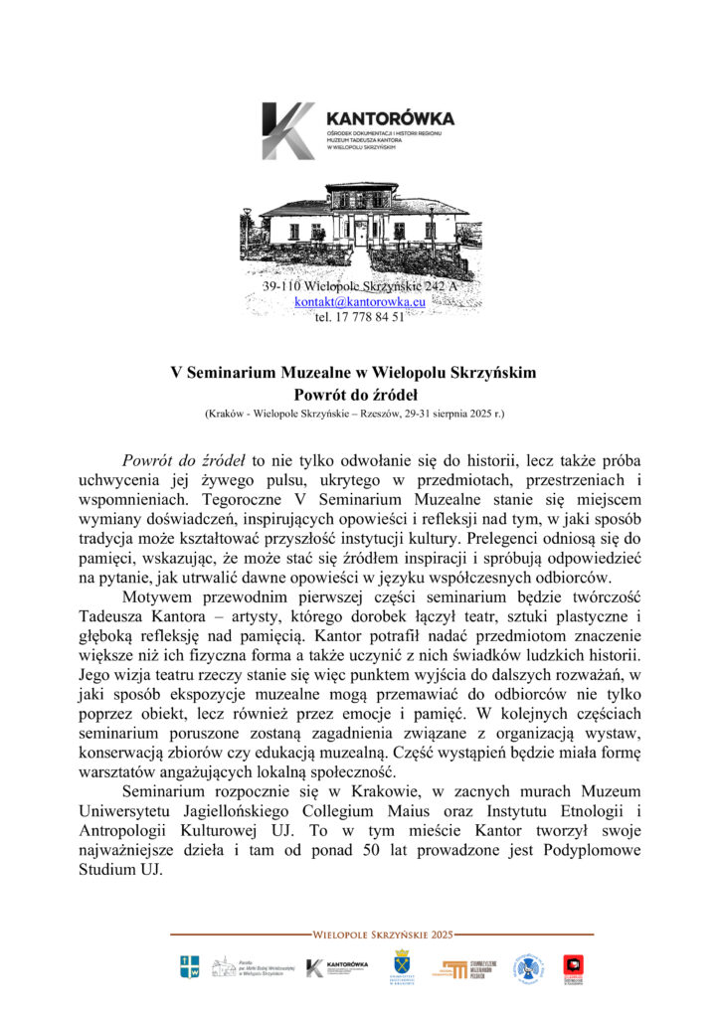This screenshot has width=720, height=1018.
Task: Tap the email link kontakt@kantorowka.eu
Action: point(360,301)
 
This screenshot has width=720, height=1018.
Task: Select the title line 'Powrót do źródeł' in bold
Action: point(360,392)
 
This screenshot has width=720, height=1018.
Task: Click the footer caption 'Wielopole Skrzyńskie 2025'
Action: point(382,935)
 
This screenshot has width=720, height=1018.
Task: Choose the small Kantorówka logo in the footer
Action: point(337,967)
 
